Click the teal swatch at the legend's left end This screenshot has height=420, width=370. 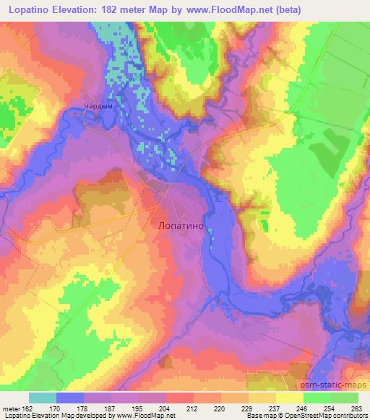coord(43,397)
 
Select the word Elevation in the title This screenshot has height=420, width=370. coord(82,8)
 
